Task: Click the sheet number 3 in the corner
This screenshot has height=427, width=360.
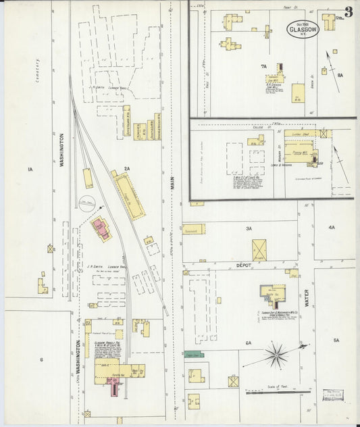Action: tap(348, 11)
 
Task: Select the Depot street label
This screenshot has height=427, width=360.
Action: tap(243, 266)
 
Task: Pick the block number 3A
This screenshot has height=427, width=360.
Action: tap(249, 229)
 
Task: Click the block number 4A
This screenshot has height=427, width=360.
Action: tap(332, 228)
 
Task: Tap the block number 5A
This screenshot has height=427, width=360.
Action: tap(336, 341)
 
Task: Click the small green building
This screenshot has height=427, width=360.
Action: tap(195, 353)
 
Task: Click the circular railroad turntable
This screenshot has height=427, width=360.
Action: tap(86, 201)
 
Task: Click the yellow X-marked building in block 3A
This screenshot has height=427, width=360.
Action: tap(259, 249)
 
